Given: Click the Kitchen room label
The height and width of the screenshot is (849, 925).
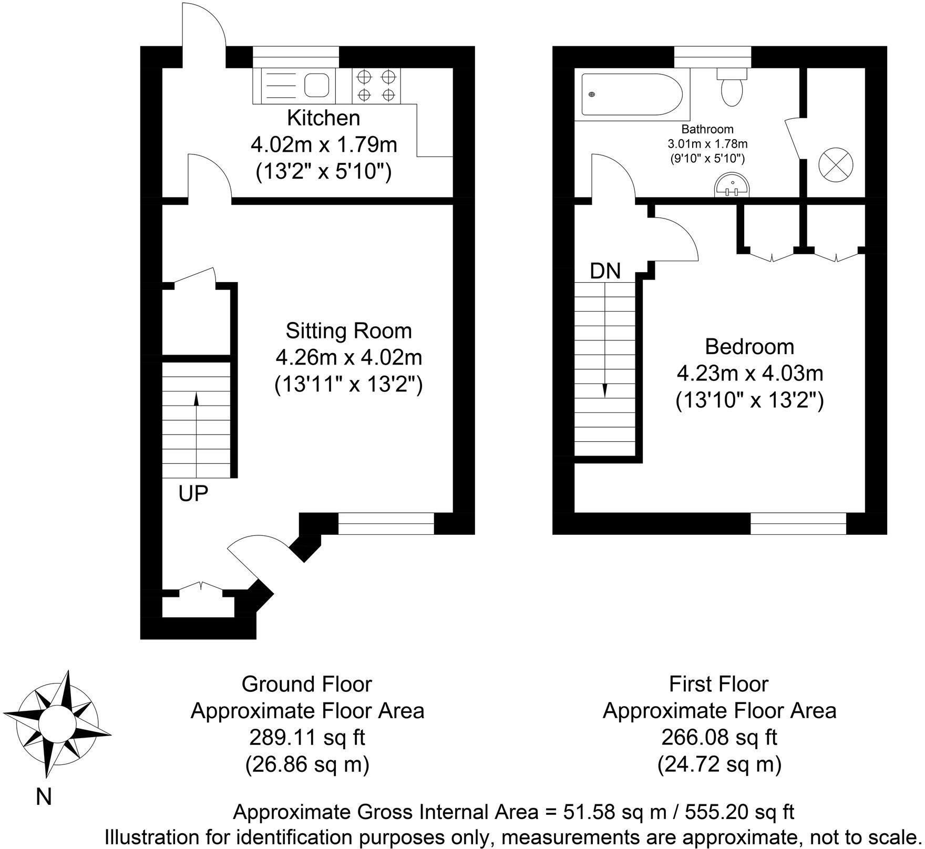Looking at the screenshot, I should pyautogui.click(x=323, y=118).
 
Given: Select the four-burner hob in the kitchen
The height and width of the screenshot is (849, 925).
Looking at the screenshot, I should pyautogui.click(x=376, y=86).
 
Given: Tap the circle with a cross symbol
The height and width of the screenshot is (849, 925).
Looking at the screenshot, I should pyautogui.click(x=836, y=163).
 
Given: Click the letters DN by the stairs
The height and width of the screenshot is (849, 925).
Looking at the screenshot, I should pyautogui.click(x=605, y=271).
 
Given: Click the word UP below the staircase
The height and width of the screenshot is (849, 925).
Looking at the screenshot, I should pyautogui.click(x=193, y=494).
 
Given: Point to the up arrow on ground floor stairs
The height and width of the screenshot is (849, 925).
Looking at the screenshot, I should pyautogui.click(x=197, y=399).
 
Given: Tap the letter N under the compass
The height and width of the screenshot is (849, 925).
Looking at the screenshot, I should pyautogui.click(x=44, y=798).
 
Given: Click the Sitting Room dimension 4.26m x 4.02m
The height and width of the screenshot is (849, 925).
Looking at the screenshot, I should pyautogui.click(x=349, y=358).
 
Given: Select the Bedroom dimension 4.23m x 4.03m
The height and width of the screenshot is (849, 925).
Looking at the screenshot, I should pyautogui.click(x=749, y=374).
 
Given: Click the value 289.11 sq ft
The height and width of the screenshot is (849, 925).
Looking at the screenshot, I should pyautogui.click(x=307, y=738).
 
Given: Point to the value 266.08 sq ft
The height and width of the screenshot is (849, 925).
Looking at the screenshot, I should pyautogui.click(x=719, y=738).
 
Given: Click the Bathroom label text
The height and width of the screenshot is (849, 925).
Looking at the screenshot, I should pyautogui.click(x=707, y=129).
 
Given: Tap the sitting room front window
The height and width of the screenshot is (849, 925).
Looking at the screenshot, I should pyautogui.click(x=386, y=524).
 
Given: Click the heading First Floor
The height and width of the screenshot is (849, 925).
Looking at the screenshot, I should pyautogui.click(x=719, y=684).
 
